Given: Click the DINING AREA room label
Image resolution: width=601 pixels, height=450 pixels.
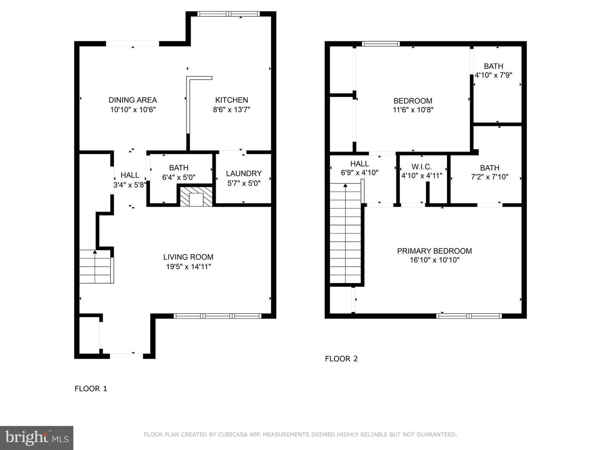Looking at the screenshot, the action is pos(133,100).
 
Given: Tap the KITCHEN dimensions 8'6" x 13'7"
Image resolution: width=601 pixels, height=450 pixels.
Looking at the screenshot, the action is pos(232,110).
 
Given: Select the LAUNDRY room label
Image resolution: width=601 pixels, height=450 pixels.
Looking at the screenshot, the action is pos(244,173).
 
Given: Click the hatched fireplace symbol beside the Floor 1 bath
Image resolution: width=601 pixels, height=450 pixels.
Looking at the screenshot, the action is pos(196,197).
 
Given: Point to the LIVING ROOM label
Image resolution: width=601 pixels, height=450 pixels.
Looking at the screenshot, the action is pos(188,257).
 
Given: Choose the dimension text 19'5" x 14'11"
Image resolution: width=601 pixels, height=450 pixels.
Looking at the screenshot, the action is pos(188,266).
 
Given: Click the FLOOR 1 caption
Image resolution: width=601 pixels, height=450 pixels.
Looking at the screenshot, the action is pos(91,388).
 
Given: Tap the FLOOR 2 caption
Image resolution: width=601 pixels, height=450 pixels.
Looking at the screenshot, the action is pos(341,359).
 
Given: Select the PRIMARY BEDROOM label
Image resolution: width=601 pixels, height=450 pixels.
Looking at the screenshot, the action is pos(434,251).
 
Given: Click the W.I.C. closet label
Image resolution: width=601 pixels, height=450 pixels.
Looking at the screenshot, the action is pos(422,167).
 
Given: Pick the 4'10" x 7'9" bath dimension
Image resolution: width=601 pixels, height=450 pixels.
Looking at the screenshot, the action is pos(493,75).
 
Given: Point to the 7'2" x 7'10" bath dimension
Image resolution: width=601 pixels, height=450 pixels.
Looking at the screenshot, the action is pos(490,177).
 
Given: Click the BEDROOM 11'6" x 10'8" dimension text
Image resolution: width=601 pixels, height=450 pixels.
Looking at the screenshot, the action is pos(413,110).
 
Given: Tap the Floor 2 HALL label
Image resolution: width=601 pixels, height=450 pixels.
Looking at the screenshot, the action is pos(359,164).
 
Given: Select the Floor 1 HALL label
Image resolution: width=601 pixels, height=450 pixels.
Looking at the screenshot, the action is pos(130,175).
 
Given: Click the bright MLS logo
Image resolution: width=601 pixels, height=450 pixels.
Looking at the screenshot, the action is pos(37,437).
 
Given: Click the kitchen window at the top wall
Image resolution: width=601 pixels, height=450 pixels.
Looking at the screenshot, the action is pos(228,14).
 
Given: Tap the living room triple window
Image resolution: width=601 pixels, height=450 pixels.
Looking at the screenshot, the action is pos(217,316).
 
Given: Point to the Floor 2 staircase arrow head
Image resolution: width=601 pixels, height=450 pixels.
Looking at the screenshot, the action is pos(346,185).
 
